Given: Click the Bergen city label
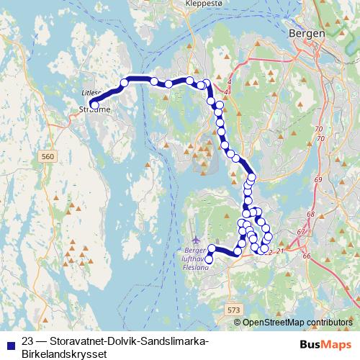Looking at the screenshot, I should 306,33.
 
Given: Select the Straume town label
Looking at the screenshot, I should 91,109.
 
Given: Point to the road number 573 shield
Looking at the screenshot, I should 233,309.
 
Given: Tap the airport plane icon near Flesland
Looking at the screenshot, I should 197,239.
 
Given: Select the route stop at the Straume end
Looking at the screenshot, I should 94,104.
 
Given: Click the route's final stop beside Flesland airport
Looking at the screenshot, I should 210,259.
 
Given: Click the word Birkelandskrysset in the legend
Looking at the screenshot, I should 63,354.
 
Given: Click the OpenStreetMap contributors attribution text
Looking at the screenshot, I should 298,323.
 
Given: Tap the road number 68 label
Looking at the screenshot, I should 311,214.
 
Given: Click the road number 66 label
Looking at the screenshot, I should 307,256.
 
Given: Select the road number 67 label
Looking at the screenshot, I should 300,231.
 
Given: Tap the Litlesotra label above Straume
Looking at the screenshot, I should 90,93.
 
